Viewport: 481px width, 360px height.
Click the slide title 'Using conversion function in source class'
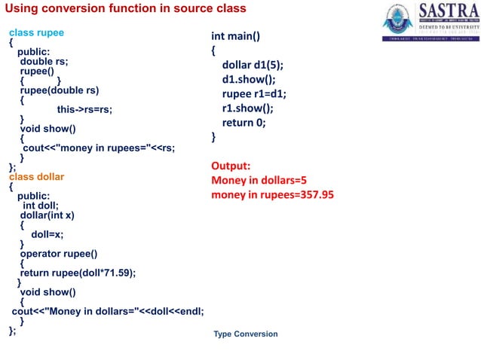[125, 8]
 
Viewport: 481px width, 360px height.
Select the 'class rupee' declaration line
[36, 33]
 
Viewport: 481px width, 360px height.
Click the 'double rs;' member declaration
[44, 62]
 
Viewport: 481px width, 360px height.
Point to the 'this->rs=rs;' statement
[84, 109]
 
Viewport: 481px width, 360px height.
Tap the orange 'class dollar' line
[36, 177]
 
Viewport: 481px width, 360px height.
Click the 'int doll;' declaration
[41, 205]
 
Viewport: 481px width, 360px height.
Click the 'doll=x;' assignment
[47, 234]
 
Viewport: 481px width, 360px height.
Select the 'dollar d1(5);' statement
[253, 65]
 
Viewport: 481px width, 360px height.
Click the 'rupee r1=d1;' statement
[254, 93]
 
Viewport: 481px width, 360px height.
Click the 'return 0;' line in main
[244, 122]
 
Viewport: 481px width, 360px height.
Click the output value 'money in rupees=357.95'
[272, 195]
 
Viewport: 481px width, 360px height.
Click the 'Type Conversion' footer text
[245, 334]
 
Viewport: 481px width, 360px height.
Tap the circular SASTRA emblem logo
[397, 20]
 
